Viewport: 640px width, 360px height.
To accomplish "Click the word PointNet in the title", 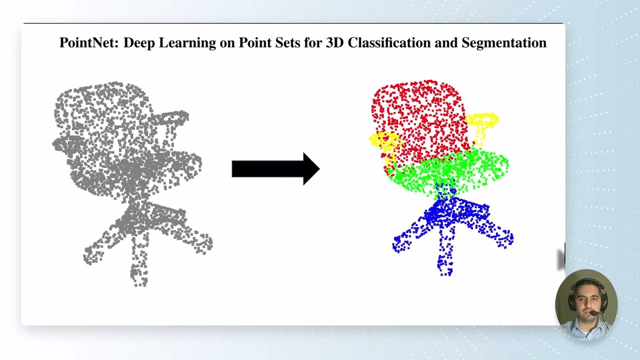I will tap(89, 43).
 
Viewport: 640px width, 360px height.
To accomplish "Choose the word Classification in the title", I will tap(388, 43).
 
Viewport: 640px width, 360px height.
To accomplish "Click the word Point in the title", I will tap(253, 43).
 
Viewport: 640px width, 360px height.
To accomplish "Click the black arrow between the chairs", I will tap(275, 169).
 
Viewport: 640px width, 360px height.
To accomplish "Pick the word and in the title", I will tap(446, 43).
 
